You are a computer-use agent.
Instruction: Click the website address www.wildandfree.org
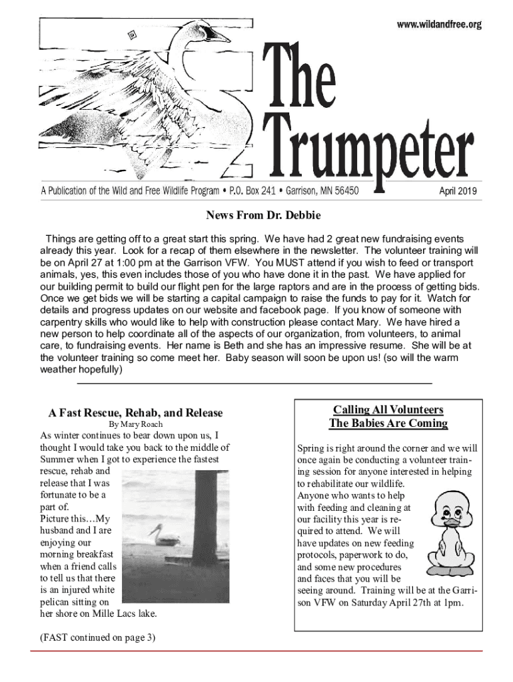[439, 25]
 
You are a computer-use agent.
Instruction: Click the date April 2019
[458, 192]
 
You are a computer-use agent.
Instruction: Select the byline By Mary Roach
[135, 424]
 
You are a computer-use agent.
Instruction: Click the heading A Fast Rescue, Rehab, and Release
[135, 413]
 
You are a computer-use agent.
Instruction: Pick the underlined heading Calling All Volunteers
[388, 410]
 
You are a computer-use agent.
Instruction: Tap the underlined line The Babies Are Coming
[388, 424]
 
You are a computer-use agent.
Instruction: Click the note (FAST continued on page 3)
[97, 637]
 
